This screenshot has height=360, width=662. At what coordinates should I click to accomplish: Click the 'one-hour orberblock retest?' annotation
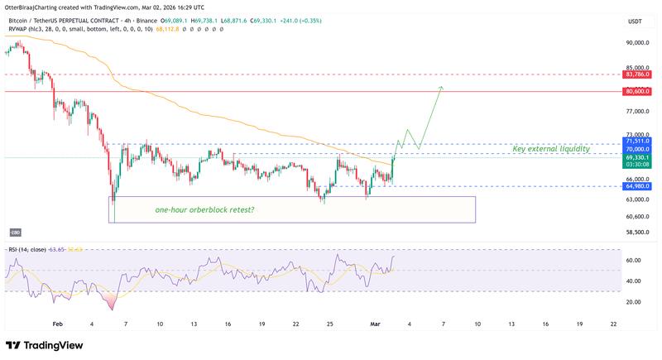point(204,209)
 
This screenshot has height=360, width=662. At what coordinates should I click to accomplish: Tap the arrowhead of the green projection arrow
point(442,87)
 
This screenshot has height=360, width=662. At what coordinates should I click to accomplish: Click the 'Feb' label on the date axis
point(57,325)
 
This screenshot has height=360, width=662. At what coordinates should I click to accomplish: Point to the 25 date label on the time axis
point(330,325)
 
